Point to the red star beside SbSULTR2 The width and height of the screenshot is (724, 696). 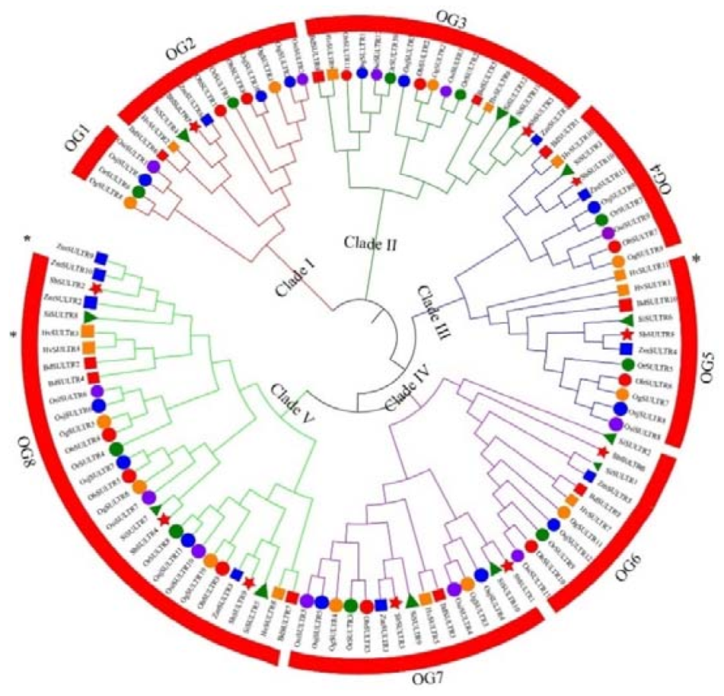[x=95, y=287]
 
